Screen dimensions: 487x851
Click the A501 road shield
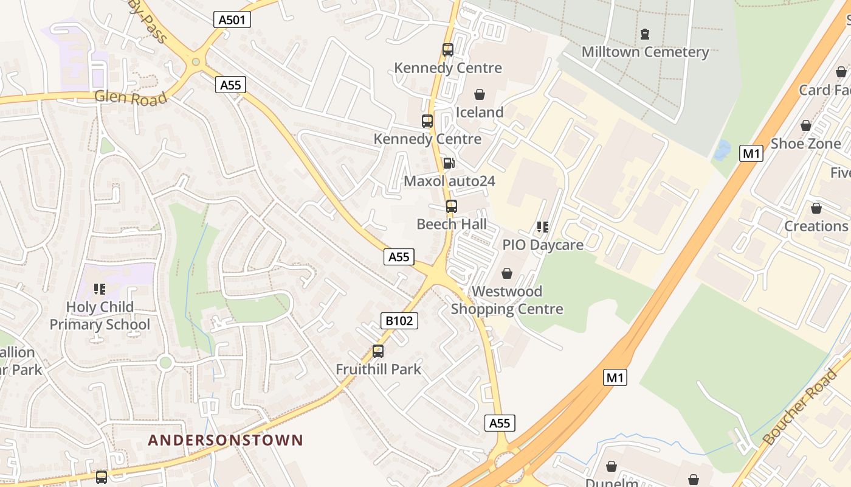pyautogui.click(x=232, y=19)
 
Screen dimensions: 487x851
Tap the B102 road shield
pyautogui.click(x=399, y=321)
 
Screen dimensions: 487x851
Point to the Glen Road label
pyautogui.click(x=131, y=97)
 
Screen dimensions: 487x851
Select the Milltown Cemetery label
pyautogui.click(x=645, y=52)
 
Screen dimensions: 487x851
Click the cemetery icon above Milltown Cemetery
pyautogui.click(x=645, y=33)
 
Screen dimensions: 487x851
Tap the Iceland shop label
pyautogui.click(x=480, y=112)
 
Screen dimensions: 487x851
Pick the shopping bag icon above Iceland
pyautogui.click(x=480, y=94)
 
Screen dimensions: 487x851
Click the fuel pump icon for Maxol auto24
pyautogui.click(x=449, y=163)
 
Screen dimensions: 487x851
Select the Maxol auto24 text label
pyautogui.click(x=449, y=181)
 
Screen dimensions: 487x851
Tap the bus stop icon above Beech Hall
pyautogui.click(x=451, y=206)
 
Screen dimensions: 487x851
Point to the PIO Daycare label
pyautogui.click(x=542, y=245)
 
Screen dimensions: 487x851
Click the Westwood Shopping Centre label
pyautogui.click(x=507, y=300)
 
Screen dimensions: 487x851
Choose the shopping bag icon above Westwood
pyautogui.click(x=506, y=273)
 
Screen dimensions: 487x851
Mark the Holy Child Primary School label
pyautogui.click(x=100, y=315)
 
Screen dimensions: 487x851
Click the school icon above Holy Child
pyautogui.click(x=100, y=289)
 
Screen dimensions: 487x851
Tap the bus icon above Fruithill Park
pyautogui.click(x=378, y=351)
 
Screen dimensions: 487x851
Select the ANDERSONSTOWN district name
pyautogui.click(x=226, y=440)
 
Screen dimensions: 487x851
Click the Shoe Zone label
pyautogui.click(x=805, y=144)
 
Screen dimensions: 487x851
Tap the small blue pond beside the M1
pyautogui.click(x=722, y=150)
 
